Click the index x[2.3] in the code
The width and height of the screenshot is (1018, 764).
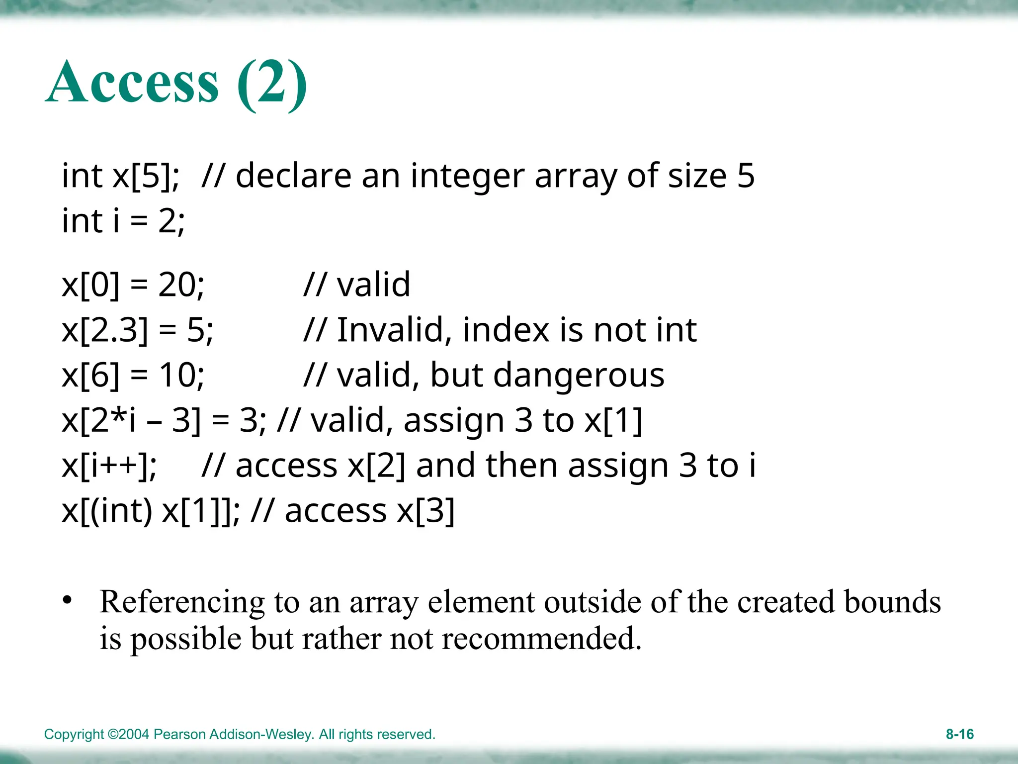tap(105, 330)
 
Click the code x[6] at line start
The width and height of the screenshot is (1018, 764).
tap(91, 376)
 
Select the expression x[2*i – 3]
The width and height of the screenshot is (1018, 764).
tap(131, 421)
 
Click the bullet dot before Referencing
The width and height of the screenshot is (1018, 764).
tap(68, 600)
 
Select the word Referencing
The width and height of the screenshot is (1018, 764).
tap(182, 602)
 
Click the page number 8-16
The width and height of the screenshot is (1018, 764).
tap(959, 734)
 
